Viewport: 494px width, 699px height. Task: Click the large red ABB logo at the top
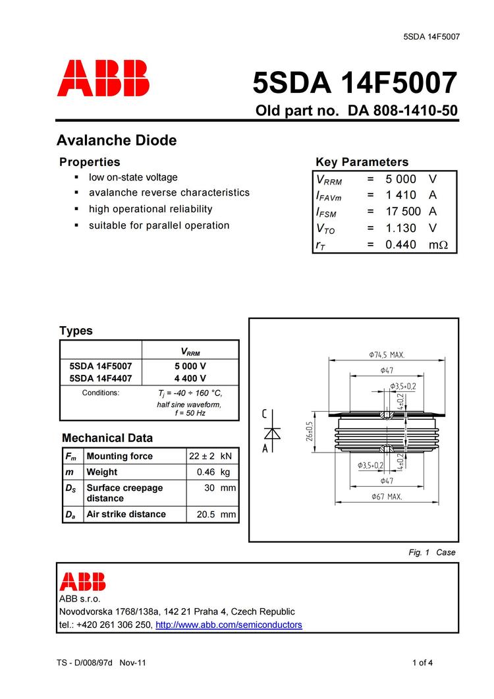coord(103,79)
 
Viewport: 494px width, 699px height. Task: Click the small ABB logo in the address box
coord(82,582)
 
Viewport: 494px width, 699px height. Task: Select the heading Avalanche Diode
coord(117,140)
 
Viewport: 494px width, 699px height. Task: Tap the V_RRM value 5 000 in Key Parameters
coord(400,179)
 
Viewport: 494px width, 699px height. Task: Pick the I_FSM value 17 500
coord(402,211)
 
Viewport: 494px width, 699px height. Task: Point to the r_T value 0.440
coord(400,244)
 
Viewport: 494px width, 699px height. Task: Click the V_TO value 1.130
coord(400,228)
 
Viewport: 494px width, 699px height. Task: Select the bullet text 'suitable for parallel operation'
coord(159,225)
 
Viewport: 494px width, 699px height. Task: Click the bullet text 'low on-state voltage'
coord(133,177)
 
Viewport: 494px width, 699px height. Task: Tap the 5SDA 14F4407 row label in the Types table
coord(101,378)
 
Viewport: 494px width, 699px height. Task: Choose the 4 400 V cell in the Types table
coord(190,378)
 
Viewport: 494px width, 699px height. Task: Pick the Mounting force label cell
coord(119,456)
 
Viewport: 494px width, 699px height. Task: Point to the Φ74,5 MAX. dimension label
coord(387,354)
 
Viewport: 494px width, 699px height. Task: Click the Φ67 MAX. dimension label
coord(386,496)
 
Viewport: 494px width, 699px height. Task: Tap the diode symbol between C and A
coord(272,432)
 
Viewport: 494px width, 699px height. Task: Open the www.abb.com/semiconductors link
coord(229,625)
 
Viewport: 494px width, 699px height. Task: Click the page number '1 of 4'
coord(422,663)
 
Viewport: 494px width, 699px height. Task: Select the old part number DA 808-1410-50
coord(398,111)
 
